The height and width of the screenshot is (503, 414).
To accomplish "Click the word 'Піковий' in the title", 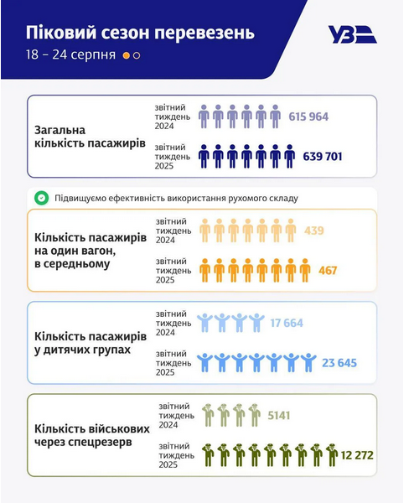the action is [61, 34].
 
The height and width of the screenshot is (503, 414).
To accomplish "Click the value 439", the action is [313, 231].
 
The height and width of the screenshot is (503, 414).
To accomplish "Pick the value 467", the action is [328, 270].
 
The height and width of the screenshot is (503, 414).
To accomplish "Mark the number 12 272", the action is [356, 455].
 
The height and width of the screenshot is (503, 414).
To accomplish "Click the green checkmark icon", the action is [40, 199].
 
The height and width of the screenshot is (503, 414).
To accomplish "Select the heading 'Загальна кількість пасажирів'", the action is [90, 137].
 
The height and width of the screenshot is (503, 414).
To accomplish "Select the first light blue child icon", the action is [204, 323].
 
